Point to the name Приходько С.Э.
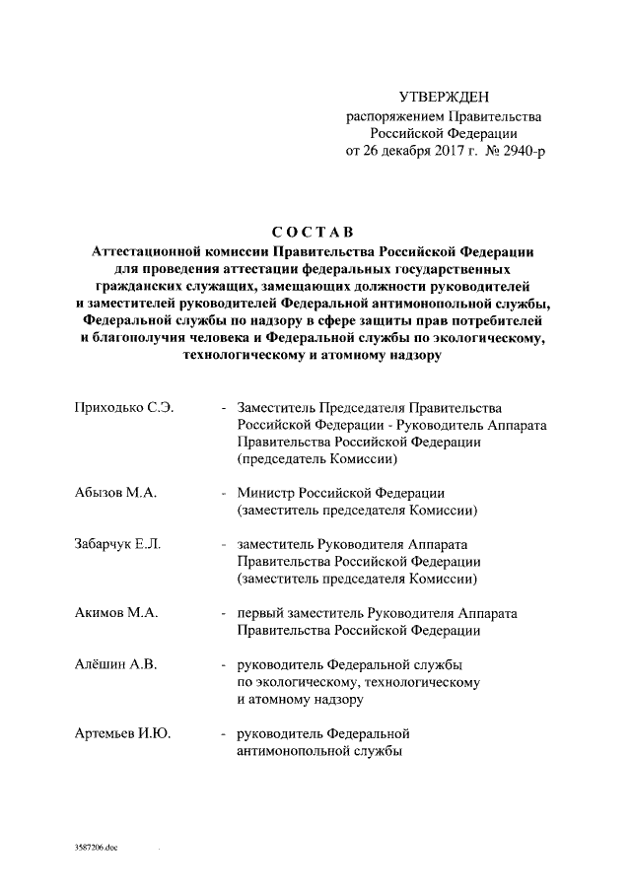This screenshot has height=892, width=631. (124, 408)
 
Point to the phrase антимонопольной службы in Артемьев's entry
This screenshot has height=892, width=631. (318, 751)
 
